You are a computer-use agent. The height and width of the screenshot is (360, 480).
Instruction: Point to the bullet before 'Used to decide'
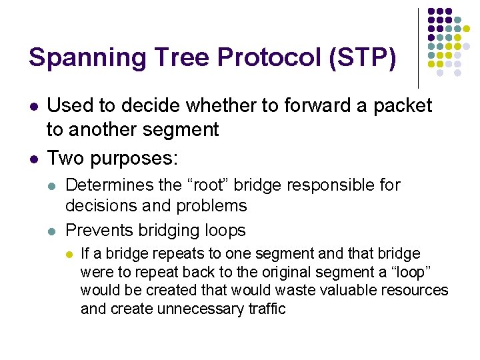click(32, 106)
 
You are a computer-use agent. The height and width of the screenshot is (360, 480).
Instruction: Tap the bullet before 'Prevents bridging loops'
click(51, 231)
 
